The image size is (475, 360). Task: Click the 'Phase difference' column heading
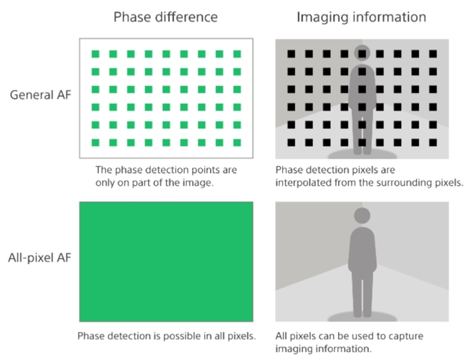165,17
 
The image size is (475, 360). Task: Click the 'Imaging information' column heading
361,17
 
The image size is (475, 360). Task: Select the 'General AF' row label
40,95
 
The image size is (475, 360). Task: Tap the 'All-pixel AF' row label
39,257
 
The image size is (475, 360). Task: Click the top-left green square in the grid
95,54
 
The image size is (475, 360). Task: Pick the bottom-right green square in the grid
237,143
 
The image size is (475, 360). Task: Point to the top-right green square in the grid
237,54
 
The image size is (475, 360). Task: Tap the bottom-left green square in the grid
95,143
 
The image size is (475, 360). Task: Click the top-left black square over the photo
292,54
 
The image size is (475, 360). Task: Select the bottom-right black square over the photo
433,143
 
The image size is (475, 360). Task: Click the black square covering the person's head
363,54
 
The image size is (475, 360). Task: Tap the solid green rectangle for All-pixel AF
166,262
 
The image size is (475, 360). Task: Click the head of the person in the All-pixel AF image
363,216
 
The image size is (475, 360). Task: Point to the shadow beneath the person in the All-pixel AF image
363,317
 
